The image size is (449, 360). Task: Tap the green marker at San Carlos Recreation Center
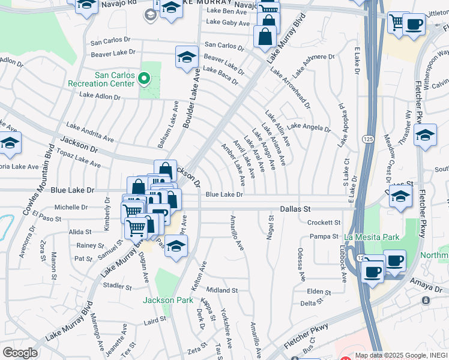pyautogui.click(x=143, y=79)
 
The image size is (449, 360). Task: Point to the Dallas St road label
pyautogui.click(x=295, y=209)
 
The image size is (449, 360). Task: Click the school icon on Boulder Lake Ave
pyautogui.click(x=187, y=58)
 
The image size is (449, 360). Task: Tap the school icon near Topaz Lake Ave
pyautogui.click(x=10, y=143)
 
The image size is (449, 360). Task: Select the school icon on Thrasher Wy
pyautogui.click(x=425, y=135)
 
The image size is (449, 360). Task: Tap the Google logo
pyautogui.click(x=20, y=353)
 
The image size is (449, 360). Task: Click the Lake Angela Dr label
pyautogui.click(x=309, y=127)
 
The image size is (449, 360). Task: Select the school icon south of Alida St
pyautogui.click(x=176, y=246)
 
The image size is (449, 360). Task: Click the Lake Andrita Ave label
pyautogui.click(x=90, y=132)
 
